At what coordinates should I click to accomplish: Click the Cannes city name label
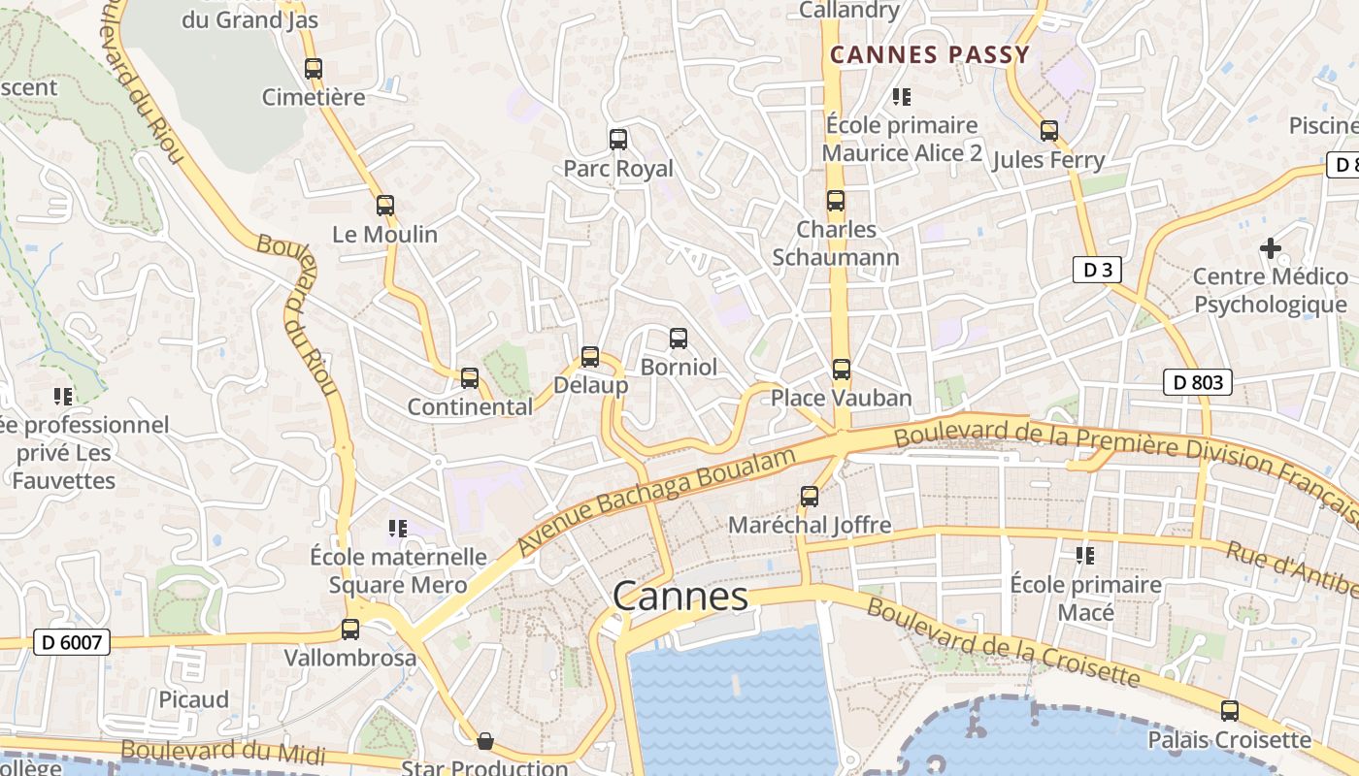(681, 596)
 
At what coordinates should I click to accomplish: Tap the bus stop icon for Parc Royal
(618, 139)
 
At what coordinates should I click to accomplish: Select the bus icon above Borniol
(679, 339)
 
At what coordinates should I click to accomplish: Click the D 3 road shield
(1097, 270)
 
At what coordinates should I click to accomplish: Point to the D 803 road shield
(1198, 382)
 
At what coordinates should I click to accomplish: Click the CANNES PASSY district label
(929, 55)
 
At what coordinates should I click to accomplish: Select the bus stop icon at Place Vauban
(842, 370)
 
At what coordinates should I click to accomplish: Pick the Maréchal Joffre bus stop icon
(810, 497)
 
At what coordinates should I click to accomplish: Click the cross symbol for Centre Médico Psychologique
(1270, 248)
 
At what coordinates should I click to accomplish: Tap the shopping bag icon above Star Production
(484, 742)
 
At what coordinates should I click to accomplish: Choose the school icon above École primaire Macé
(1085, 556)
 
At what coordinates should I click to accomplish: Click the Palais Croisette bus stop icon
(1230, 711)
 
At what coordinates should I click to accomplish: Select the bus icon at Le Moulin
(385, 206)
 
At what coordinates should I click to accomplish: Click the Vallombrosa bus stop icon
(350, 630)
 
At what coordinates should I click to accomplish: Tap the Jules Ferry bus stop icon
(1048, 131)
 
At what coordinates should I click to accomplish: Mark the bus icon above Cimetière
(314, 69)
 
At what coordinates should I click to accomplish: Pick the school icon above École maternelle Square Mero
(397, 528)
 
